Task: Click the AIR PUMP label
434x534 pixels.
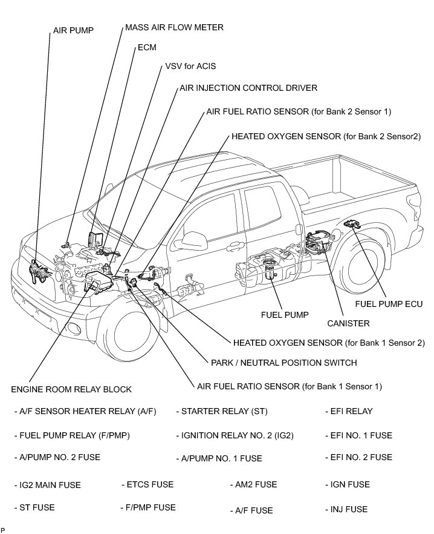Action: pos(73,30)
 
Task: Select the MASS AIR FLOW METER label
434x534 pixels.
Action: pos(174,27)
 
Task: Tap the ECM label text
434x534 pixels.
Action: pos(147,47)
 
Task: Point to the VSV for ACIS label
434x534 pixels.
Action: pos(190,66)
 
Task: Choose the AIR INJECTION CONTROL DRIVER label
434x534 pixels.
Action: pos(248,88)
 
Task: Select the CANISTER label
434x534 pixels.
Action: pos(348,323)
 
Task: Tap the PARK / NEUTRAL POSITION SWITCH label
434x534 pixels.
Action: pos(283,363)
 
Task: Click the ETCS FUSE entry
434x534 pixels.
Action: pos(149,484)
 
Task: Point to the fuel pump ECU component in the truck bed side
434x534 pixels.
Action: pos(350,225)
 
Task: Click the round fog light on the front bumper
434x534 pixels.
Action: pos(74,329)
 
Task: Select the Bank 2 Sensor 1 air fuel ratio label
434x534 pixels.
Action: pos(299,111)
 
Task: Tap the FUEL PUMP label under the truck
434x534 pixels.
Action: pos(285,315)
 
